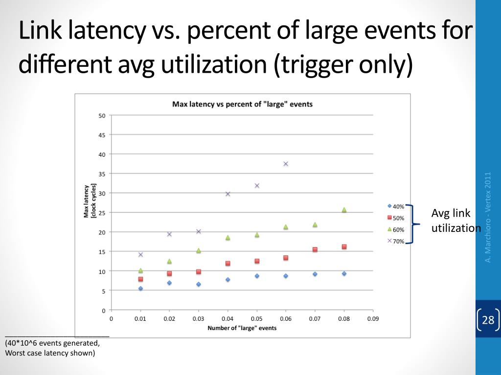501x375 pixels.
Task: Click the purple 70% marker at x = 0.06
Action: [x=286, y=164]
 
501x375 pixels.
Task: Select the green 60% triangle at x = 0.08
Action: [x=344, y=210]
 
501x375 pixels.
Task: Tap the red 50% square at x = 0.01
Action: [x=140, y=279]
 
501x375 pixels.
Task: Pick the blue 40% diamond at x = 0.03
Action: [x=199, y=284]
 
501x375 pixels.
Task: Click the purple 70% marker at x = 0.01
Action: [x=140, y=254]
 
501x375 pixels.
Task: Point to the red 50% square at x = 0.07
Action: [x=315, y=250]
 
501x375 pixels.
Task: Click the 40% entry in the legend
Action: [x=396, y=207]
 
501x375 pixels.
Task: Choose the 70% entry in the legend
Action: [x=396, y=241]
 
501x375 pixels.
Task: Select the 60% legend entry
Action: [x=396, y=229]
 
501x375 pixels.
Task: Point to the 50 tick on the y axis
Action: [x=102, y=116]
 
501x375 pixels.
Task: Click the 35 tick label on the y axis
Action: [x=102, y=174]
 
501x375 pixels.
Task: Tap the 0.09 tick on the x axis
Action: [x=373, y=319]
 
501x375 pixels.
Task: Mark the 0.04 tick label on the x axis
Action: [x=228, y=319]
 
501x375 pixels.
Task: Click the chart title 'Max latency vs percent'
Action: [x=242, y=104]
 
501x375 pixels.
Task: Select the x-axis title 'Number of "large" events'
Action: [x=242, y=328]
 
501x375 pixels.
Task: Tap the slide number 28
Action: [x=488, y=320]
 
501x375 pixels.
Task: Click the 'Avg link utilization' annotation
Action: [x=455, y=221]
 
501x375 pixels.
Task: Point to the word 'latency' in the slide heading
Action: [x=105, y=32]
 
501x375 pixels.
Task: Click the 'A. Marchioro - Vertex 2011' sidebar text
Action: [x=488, y=217]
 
